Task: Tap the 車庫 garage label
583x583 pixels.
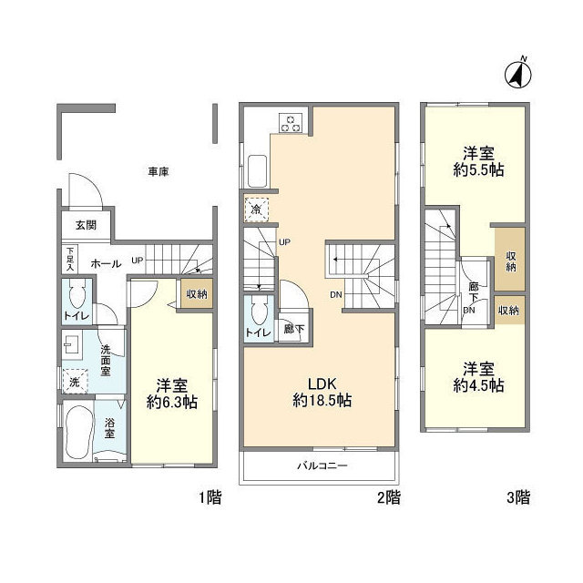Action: pyautogui.click(x=159, y=170)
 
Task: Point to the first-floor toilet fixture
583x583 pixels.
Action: pyautogui.click(x=77, y=296)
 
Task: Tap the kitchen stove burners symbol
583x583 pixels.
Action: pyautogui.click(x=291, y=122)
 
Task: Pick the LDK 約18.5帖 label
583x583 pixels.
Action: pyautogui.click(x=322, y=393)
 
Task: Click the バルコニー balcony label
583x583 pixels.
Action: pyautogui.click(x=322, y=465)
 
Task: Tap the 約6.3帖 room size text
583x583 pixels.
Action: pyautogui.click(x=170, y=401)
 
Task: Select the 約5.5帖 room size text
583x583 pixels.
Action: pyautogui.click(x=479, y=169)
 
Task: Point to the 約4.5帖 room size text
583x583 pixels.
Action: pyautogui.click(x=479, y=385)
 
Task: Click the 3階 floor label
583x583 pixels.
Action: pyautogui.click(x=518, y=497)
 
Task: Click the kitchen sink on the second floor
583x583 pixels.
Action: pyautogui.click(x=258, y=169)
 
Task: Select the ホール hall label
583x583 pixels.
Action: pyautogui.click(x=106, y=262)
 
